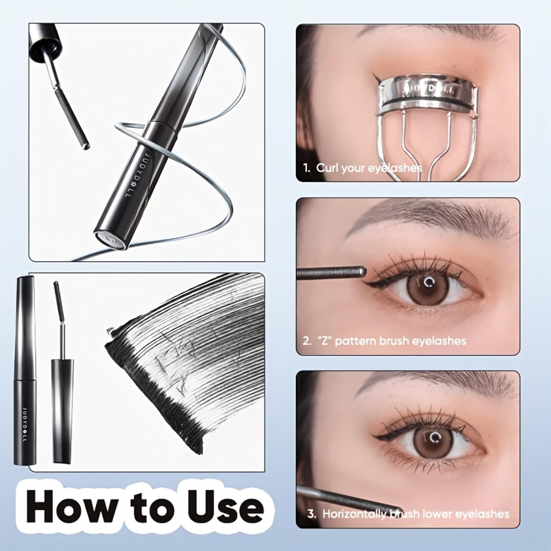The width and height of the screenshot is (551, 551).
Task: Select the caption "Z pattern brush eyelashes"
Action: point(391,341)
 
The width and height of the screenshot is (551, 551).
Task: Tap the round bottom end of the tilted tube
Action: point(110,239)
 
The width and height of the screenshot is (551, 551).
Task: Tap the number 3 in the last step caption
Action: point(311,514)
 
